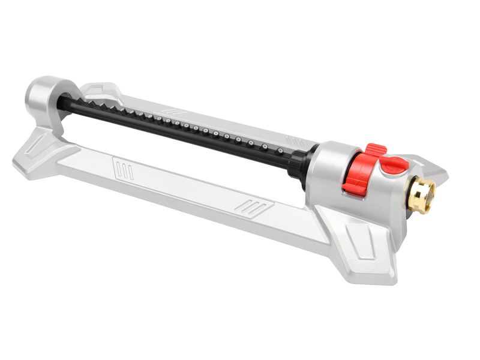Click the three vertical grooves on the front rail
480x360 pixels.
tap(125, 169)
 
